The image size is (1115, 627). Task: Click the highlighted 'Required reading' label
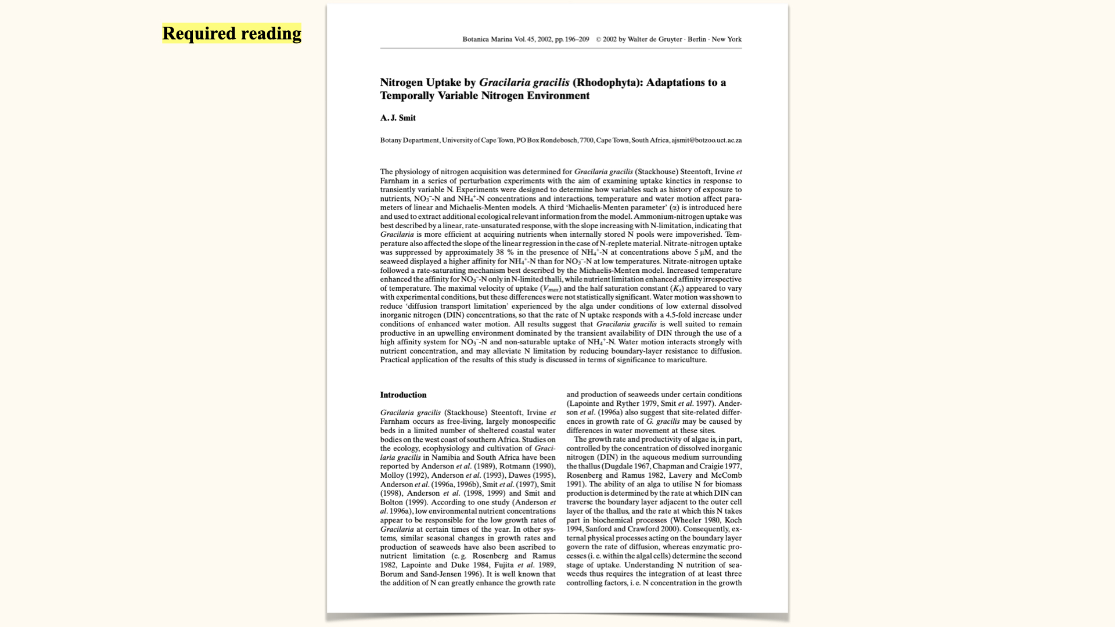[232, 34]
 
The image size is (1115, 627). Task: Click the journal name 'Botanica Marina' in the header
[487, 39]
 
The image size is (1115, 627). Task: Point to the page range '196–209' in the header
[577, 39]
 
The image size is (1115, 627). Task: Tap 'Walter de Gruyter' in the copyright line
[654, 39]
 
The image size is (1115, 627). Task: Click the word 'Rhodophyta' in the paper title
[607, 82]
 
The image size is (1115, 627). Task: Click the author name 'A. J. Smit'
[398, 118]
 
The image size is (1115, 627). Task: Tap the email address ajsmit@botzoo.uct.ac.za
[706, 140]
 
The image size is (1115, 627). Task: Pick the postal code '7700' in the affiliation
[587, 140]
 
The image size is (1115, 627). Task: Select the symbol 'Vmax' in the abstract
[551, 289]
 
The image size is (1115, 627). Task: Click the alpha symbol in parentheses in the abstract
[674, 208]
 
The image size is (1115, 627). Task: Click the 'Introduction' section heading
[403, 395]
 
